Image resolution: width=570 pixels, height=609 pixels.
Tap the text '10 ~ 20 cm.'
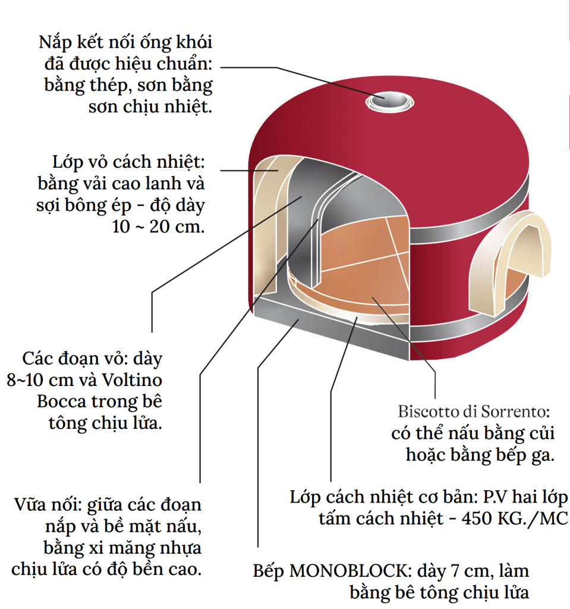click(x=158, y=227)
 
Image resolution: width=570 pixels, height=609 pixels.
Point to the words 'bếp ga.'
click(x=523, y=455)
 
